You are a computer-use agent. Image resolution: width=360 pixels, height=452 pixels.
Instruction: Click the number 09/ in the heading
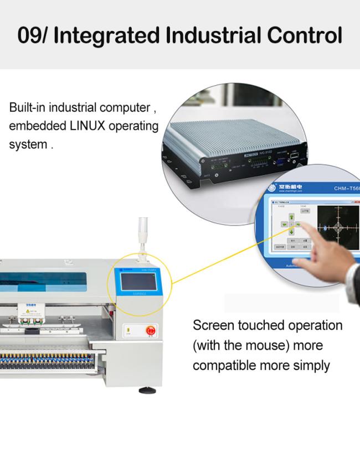coord(33,35)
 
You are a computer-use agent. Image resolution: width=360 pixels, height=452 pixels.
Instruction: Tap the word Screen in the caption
coord(213,325)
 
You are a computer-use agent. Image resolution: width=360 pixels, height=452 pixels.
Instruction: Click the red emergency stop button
coord(150,331)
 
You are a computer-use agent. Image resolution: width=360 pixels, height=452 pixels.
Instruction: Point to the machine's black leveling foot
coord(147,391)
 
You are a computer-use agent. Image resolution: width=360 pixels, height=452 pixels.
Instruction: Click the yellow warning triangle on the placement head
coord(34,312)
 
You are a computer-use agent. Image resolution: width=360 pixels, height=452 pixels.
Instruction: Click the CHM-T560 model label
coord(347,188)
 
